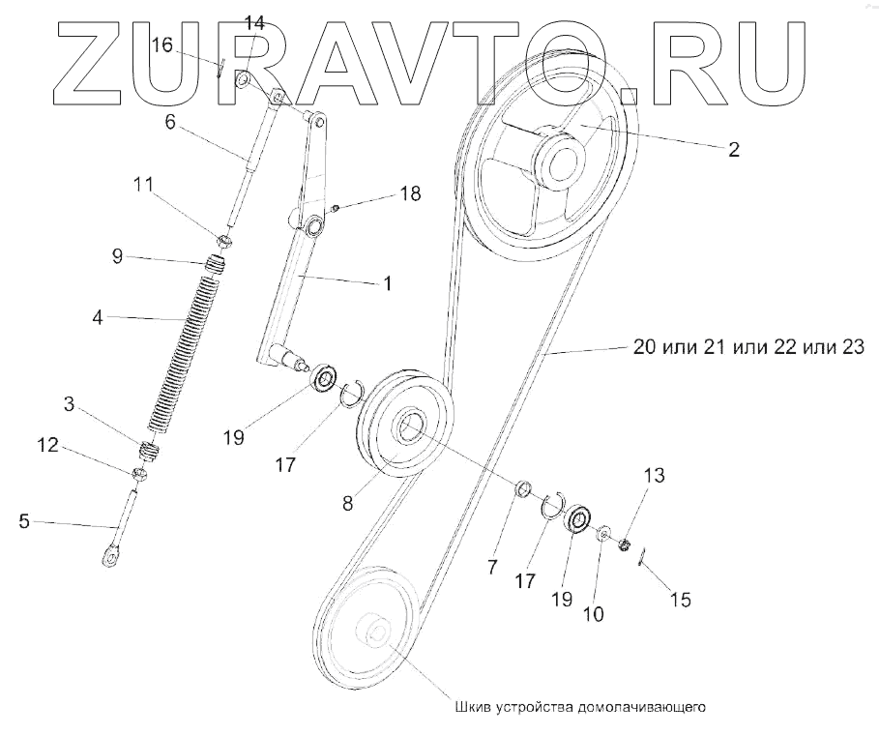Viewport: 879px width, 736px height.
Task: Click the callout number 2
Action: pyautogui.click(x=734, y=149)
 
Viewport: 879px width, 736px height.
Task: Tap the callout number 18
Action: pyautogui.click(x=410, y=193)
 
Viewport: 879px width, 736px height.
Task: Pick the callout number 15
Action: pyautogui.click(x=680, y=601)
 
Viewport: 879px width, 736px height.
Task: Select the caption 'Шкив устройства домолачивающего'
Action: pyautogui.click(x=581, y=706)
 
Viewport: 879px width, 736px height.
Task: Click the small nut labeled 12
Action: pyautogui.click(x=139, y=474)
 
